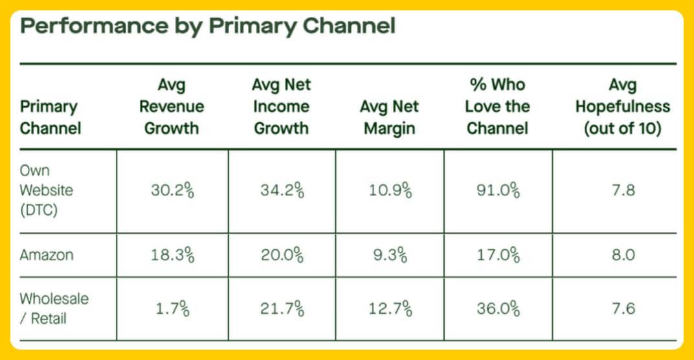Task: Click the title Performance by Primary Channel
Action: coord(208,27)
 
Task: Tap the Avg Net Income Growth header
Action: coord(282,106)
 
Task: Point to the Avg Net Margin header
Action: coord(390,117)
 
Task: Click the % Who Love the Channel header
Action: coord(498,106)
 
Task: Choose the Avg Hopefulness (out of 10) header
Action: coord(622,106)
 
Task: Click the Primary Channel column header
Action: coord(50,117)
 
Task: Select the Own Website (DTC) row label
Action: coord(46,191)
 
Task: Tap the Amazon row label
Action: coord(46,255)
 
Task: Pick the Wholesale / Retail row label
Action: coord(54,309)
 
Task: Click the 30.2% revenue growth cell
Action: coord(172,192)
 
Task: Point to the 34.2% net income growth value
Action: coord(282,192)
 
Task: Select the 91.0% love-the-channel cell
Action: coord(497,192)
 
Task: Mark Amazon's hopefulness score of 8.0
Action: coord(621,255)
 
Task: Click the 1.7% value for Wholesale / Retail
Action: coord(172,309)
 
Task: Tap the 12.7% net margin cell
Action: coord(390,309)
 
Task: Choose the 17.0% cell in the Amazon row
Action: coord(497,255)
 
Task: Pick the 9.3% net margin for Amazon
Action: coord(390,255)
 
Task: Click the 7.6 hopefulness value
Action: coord(621,309)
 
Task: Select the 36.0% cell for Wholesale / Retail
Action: coord(497,309)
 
